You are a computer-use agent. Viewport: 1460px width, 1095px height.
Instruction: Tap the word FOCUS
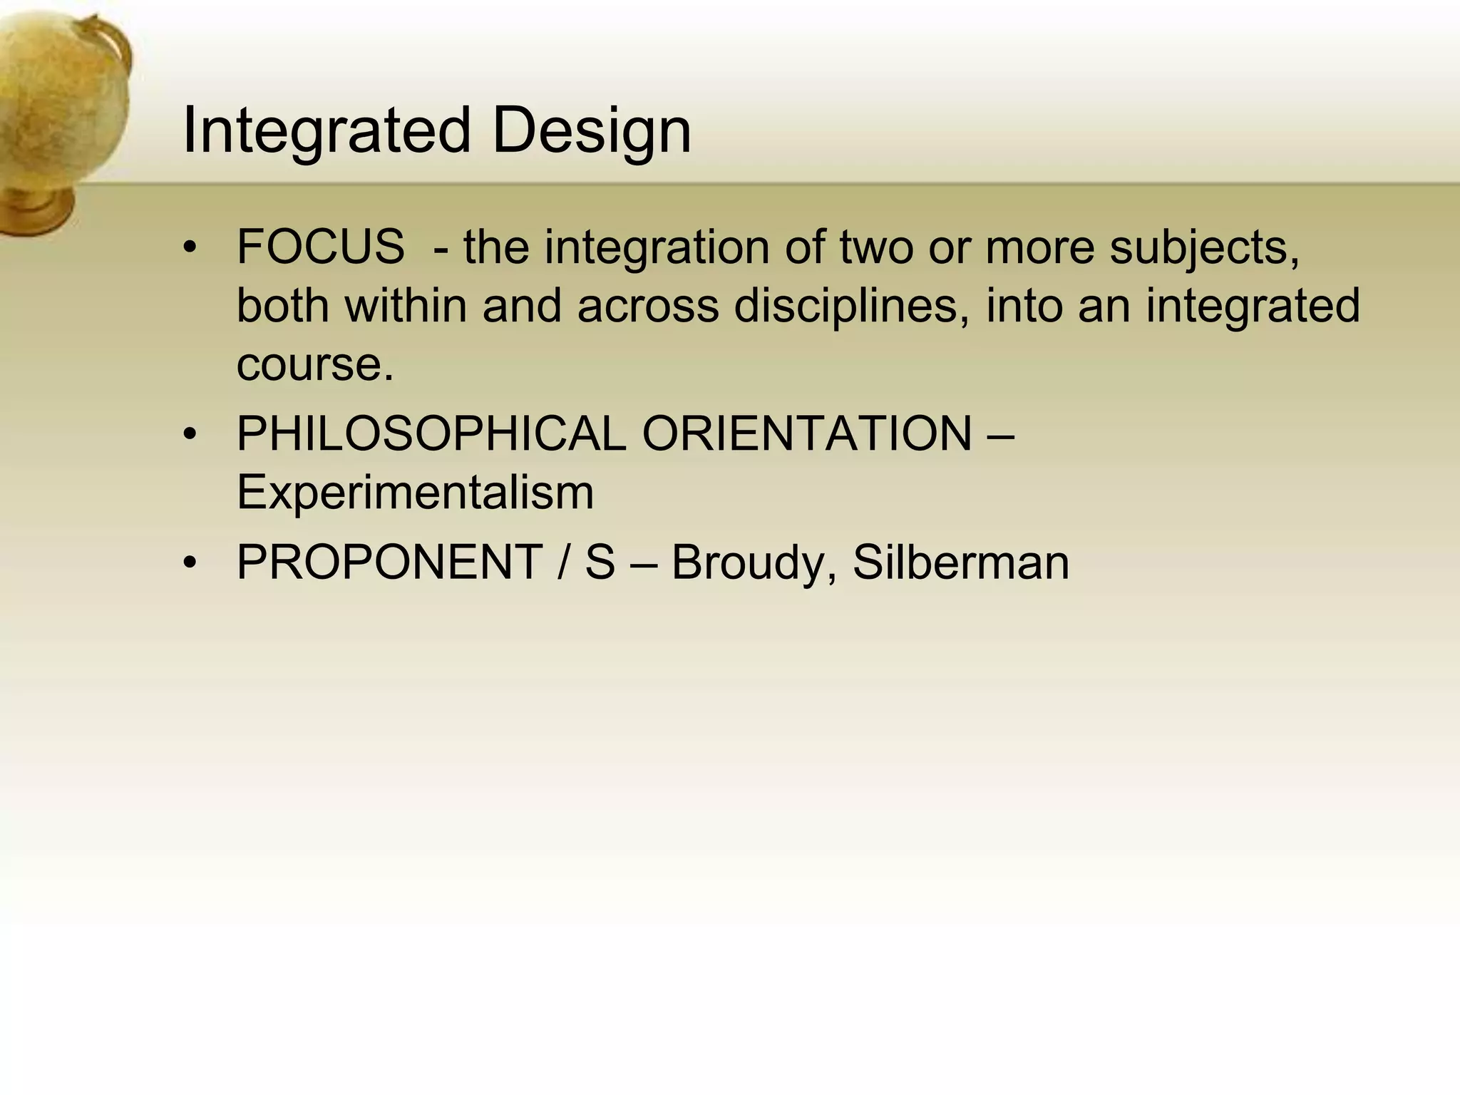pyautogui.click(x=320, y=247)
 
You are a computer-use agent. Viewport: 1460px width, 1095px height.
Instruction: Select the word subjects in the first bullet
pyautogui.click(x=1204, y=247)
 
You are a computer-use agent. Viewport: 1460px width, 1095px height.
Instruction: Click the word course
pyautogui.click(x=314, y=364)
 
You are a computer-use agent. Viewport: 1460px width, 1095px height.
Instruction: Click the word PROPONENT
pyautogui.click(x=389, y=562)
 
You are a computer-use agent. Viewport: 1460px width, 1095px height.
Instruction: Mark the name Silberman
pyautogui.click(x=960, y=562)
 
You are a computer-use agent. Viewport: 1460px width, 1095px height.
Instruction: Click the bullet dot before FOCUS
pyautogui.click(x=189, y=248)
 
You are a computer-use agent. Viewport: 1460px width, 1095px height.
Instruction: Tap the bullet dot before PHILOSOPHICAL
pyautogui.click(x=189, y=434)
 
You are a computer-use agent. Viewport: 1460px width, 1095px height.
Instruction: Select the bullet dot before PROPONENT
pyautogui.click(x=189, y=563)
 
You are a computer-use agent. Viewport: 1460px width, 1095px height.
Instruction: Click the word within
pyautogui.click(x=406, y=306)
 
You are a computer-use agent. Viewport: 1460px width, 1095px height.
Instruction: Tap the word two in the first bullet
pyautogui.click(x=876, y=247)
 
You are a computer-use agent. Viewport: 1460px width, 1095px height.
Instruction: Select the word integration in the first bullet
pyautogui.click(x=656, y=247)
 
